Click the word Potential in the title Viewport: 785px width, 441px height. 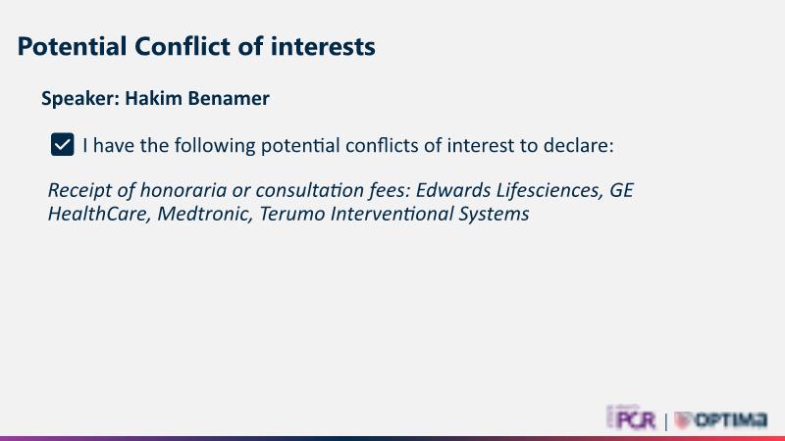[x=72, y=46]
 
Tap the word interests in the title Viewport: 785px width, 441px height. [x=323, y=46]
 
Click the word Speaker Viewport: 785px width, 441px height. [x=80, y=99]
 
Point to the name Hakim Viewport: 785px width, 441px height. [x=154, y=98]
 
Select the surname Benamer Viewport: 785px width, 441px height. [x=229, y=98]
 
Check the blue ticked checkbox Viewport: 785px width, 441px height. [x=63, y=144]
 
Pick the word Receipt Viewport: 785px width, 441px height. [x=79, y=190]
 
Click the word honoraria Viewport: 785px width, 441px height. [x=183, y=190]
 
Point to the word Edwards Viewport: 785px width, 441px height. [x=453, y=190]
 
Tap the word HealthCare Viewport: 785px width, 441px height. [x=100, y=214]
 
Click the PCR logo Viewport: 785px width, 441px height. [x=631, y=418]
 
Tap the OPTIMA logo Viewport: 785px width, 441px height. [x=720, y=419]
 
